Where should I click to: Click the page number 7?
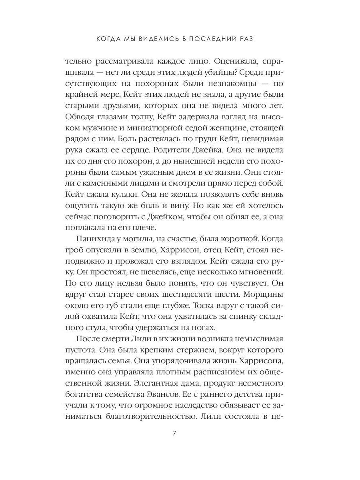(174, 433)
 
